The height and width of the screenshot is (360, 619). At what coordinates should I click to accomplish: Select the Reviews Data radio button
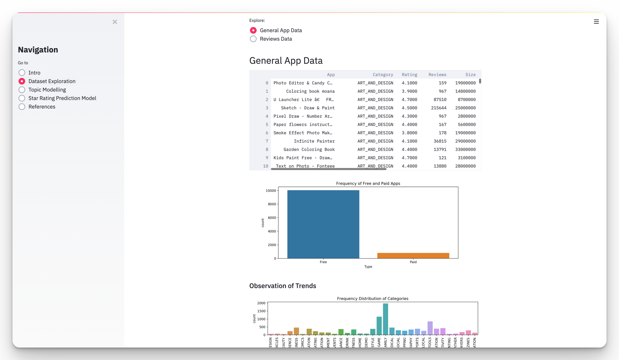pyautogui.click(x=253, y=39)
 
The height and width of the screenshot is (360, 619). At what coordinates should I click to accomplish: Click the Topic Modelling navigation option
pyautogui.click(x=22, y=90)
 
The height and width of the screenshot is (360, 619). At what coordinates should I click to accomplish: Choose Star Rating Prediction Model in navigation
pyautogui.click(x=22, y=98)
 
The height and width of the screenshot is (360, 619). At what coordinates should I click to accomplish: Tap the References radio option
pyautogui.click(x=22, y=107)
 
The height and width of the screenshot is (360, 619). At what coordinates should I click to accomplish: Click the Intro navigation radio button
pyautogui.click(x=22, y=73)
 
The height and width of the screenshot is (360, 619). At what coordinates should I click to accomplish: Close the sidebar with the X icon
pyautogui.click(x=115, y=22)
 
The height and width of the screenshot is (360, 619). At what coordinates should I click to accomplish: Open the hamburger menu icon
pyautogui.click(x=596, y=22)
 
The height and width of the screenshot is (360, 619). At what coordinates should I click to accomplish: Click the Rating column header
pyautogui.click(x=409, y=75)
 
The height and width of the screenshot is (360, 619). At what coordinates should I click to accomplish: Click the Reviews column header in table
pyautogui.click(x=437, y=75)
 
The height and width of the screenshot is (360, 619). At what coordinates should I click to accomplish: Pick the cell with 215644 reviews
pyautogui.click(x=438, y=108)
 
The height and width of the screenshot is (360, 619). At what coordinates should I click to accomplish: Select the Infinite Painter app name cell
pyautogui.click(x=314, y=141)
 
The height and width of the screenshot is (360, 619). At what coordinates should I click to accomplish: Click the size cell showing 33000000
pyautogui.click(x=465, y=149)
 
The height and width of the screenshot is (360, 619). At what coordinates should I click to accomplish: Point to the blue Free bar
pyautogui.click(x=323, y=224)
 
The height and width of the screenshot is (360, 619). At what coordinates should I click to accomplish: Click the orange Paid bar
pyautogui.click(x=413, y=255)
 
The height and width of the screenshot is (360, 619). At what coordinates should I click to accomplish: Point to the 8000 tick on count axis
pyautogui.click(x=272, y=204)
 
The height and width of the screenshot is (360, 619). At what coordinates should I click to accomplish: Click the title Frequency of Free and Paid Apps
pyautogui.click(x=368, y=184)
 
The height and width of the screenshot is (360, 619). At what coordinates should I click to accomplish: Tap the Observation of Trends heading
pyautogui.click(x=282, y=286)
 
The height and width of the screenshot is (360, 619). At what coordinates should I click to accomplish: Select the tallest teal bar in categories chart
pyautogui.click(x=386, y=319)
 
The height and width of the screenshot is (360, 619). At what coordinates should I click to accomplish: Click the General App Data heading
pyautogui.click(x=286, y=61)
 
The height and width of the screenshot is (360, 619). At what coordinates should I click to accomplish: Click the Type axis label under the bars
pyautogui.click(x=368, y=267)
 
